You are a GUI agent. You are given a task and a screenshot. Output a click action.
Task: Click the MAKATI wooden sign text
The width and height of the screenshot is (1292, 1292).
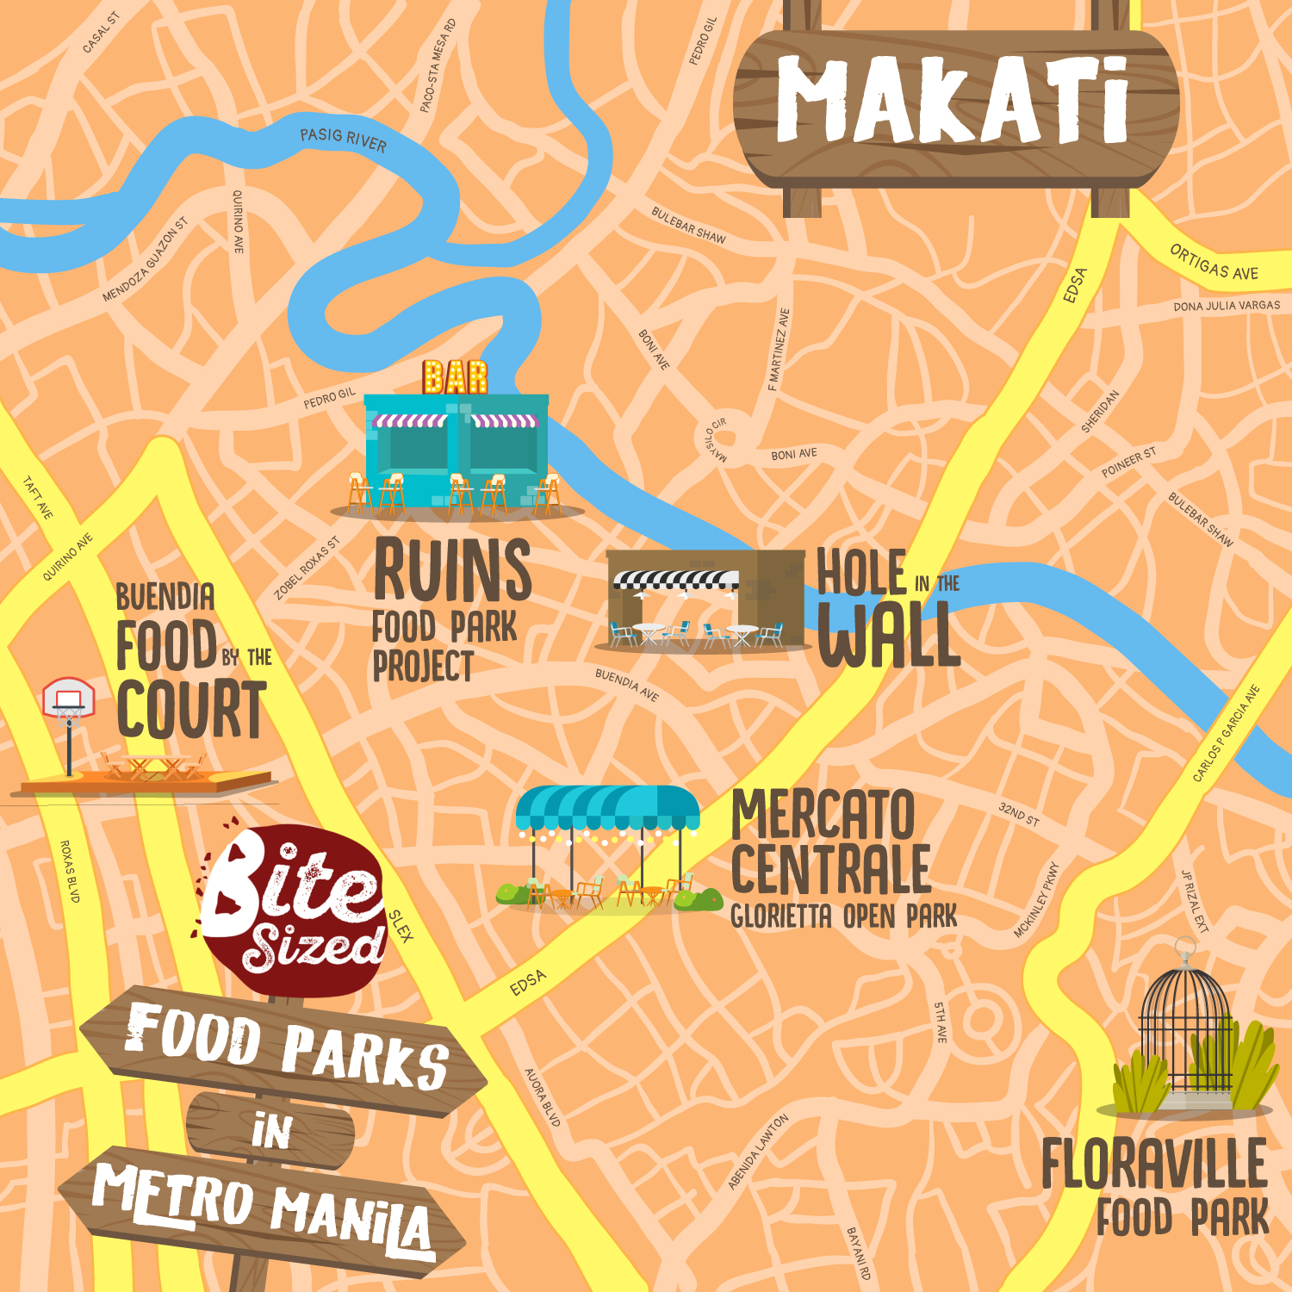coord(953,101)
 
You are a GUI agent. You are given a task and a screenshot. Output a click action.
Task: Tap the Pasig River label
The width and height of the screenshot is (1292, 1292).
coord(343,139)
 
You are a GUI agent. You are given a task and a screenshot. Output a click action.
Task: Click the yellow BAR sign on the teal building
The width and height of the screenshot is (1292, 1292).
coord(455,377)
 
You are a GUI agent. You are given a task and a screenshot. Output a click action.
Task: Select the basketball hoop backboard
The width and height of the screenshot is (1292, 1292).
coord(69,698)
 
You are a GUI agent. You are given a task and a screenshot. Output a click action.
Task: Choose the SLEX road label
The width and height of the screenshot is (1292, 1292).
coord(401,925)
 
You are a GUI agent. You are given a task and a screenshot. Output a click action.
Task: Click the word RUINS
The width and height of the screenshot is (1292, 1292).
coord(453,569)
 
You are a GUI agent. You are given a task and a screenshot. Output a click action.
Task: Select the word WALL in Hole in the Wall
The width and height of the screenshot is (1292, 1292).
coord(889,636)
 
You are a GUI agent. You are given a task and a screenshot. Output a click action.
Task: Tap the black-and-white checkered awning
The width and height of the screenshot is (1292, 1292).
coord(676,580)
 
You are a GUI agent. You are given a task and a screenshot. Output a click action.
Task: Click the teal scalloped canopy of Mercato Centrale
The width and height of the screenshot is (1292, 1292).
coord(608,808)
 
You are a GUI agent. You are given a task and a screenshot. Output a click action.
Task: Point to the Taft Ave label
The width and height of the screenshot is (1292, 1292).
coord(38,498)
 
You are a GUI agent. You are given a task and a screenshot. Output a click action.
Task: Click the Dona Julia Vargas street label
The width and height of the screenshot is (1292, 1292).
coord(1227,306)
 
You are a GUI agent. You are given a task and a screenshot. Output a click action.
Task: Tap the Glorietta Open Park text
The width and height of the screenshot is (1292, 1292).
coord(843,916)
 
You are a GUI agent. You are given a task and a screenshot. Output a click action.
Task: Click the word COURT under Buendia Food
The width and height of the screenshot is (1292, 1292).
coord(191,710)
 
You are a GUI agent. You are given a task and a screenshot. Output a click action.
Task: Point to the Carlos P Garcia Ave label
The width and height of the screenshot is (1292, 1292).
coord(1227,734)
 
